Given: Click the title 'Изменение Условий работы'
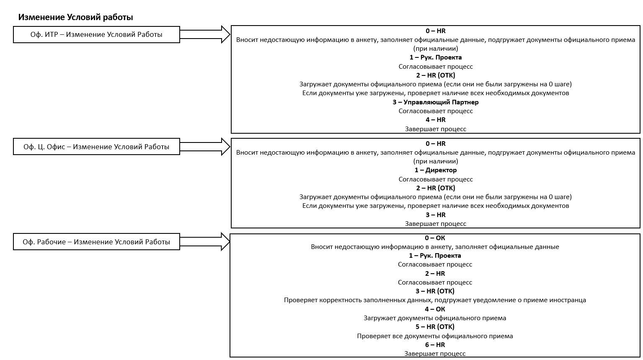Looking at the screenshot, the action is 75,17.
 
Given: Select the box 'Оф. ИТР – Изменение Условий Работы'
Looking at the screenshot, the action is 96,35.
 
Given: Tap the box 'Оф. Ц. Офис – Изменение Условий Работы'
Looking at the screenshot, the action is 96,147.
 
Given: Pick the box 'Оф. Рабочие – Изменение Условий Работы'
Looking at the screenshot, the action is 96,242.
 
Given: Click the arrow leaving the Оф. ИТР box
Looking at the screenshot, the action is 205,34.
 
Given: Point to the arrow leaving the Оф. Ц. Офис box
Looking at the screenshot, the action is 205,147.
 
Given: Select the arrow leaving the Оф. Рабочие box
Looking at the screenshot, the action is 205,242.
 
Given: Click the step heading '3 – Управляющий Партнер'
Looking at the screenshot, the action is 436,102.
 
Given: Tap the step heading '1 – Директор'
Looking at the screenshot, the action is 436,170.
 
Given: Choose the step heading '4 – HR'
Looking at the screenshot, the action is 436,120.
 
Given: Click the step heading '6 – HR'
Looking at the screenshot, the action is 435,344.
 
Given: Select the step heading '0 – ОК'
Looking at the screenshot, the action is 435,238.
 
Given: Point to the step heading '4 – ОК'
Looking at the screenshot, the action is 435,309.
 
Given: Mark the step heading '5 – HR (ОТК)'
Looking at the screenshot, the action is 435,327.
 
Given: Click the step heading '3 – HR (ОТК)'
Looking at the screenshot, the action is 435,291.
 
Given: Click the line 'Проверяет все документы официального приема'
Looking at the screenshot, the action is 435,336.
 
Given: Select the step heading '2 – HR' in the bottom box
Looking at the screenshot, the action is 435,273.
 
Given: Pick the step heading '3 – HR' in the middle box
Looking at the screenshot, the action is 436,215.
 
